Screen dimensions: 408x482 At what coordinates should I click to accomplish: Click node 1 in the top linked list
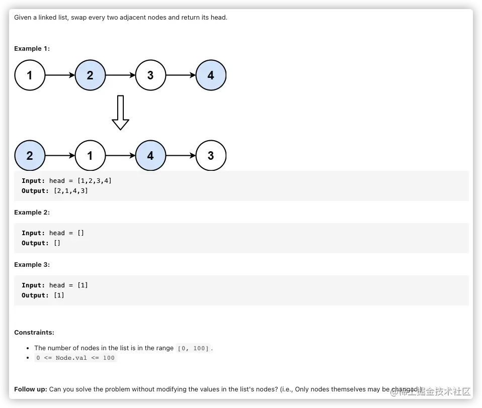click(30, 75)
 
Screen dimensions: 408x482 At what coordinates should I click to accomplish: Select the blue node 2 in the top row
click(90, 75)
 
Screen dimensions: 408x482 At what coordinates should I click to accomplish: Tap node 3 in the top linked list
click(150, 75)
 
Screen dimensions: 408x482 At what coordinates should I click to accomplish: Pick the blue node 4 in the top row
click(211, 75)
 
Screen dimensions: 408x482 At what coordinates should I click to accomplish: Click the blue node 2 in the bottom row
click(30, 156)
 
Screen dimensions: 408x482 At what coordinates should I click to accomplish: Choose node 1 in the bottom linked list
click(90, 156)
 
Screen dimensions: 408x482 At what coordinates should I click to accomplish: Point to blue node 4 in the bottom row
click(150, 156)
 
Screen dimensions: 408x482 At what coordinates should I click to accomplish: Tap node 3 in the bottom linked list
click(211, 156)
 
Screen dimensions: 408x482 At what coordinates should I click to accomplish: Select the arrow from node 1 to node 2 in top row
click(60, 75)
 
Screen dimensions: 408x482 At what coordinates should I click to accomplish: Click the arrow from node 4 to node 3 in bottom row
click(181, 156)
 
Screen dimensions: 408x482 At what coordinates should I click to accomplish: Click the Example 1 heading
click(32, 49)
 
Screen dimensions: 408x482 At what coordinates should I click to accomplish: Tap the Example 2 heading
click(32, 213)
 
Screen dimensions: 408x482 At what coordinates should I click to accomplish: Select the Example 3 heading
click(32, 265)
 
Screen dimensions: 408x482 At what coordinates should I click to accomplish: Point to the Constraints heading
click(34, 333)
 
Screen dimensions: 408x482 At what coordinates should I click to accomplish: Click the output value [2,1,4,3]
click(71, 191)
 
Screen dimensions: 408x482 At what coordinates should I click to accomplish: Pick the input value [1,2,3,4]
click(95, 180)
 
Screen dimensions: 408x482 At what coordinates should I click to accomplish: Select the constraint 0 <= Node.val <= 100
click(75, 358)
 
